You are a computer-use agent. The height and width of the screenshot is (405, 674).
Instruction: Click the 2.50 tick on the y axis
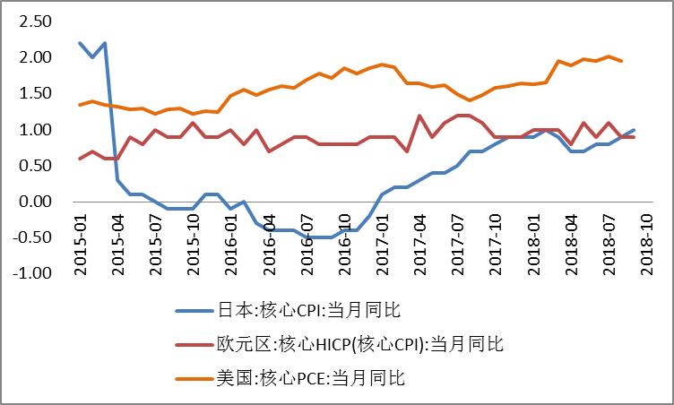(x=34, y=21)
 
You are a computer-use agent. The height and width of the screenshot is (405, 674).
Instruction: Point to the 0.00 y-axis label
(x=34, y=202)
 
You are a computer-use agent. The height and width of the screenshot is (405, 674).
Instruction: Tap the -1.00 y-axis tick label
(x=32, y=273)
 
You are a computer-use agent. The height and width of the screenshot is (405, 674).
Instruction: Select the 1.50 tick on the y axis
(x=34, y=93)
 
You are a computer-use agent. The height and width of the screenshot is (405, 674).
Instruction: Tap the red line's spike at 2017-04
(x=419, y=116)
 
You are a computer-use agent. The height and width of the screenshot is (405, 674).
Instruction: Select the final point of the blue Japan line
(x=634, y=130)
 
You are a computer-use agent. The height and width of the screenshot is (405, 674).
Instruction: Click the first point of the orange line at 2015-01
(x=80, y=105)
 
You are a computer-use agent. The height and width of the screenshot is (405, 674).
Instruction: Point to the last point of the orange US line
(x=621, y=61)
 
